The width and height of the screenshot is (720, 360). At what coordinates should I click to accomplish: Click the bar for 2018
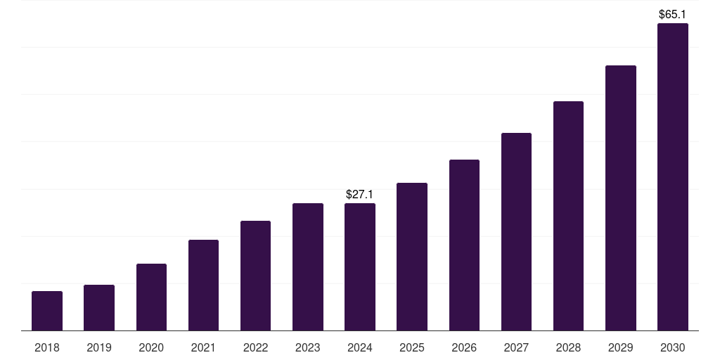pyautogui.click(x=47, y=311)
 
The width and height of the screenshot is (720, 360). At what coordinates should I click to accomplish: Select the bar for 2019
pyautogui.click(x=99, y=307)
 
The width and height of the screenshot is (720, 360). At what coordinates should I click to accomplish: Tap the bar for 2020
pyautogui.click(x=151, y=297)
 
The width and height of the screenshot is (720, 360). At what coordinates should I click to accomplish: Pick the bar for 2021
pyautogui.click(x=203, y=285)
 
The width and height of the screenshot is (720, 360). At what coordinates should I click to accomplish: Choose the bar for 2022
pyautogui.click(x=255, y=276)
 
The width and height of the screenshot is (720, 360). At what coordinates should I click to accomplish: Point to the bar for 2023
pyautogui.click(x=308, y=266)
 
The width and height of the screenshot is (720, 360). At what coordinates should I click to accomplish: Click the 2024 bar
pyautogui.click(x=360, y=266)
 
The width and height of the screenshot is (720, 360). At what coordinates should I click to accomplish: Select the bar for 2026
pyautogui.click(x=464, y=245)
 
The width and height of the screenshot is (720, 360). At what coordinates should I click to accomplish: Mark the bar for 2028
pyautogui.click(x=568, y=216)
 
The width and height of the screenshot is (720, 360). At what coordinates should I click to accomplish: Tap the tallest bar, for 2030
pyautogui.click(x=673, y=176)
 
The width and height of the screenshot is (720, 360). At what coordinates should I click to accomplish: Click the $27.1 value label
pyautogui.click(x=360, y=193)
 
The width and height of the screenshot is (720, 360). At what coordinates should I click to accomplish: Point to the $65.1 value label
pyautogui.click(x=672, y=14)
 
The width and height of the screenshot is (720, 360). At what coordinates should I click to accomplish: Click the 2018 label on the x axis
pyautogui.click(x=47, y=347)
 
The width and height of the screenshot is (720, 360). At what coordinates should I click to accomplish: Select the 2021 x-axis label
pyautogui.click(x=203, y=347)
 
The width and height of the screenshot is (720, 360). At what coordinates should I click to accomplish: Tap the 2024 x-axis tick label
pyautogui.click(x=360, y=347)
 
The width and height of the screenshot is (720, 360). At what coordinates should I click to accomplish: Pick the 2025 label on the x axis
pyautogui.click(x=412, y=347)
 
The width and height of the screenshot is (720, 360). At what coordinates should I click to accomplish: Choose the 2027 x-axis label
pyautogui.click(x=516, y=347)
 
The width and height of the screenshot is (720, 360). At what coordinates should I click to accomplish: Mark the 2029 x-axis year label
pyautogui.click(x=620, y=347)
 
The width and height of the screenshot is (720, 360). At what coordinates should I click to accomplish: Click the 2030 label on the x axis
pyautogui.click(x=673, y=347)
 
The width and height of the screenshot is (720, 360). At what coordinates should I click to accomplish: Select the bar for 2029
pyautogui.click(x=620, y=198)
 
